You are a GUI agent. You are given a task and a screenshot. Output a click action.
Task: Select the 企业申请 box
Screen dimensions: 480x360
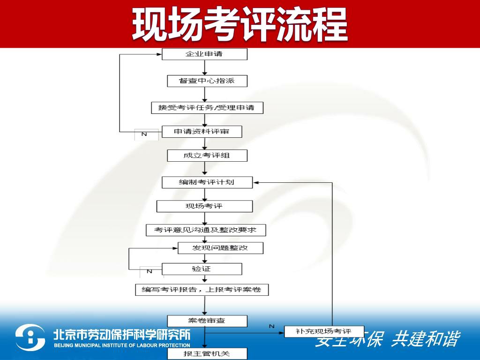click(204, 54)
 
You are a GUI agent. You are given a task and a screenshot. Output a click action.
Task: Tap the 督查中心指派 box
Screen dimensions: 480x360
click(207, 81)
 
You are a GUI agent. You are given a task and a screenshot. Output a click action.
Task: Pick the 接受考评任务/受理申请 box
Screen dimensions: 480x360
click(207, 108)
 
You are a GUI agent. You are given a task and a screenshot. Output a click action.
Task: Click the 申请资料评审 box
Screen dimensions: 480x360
click(202, 132)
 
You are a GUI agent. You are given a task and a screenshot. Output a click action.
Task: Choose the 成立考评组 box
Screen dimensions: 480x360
click(207, 156)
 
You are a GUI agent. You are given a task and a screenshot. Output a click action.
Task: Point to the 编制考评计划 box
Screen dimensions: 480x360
click(207, 182)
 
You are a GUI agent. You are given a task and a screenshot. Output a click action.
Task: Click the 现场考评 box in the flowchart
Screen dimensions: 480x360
click(204, 206)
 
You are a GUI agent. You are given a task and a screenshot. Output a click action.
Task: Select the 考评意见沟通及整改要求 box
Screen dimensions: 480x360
click(206, 230)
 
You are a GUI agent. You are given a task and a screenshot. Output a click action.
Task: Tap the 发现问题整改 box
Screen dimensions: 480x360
click(220, 247)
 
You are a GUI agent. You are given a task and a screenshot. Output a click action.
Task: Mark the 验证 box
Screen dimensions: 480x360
click(202, 269)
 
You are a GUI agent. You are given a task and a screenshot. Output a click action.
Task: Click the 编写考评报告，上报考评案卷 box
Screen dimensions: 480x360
click(202, 290)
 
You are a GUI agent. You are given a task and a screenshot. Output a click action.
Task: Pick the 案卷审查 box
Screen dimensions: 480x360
click(207, 321)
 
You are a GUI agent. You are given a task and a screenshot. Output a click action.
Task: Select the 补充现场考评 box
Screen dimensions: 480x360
click(324, 331)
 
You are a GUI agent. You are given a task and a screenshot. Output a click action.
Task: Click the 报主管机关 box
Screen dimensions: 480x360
click(207, 353)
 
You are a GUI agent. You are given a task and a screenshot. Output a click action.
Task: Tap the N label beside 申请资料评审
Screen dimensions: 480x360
click(144, 135)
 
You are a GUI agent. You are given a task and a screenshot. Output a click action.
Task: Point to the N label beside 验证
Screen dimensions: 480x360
click(149, 271)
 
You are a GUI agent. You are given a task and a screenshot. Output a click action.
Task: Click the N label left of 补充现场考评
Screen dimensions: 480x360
click(271, 326)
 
